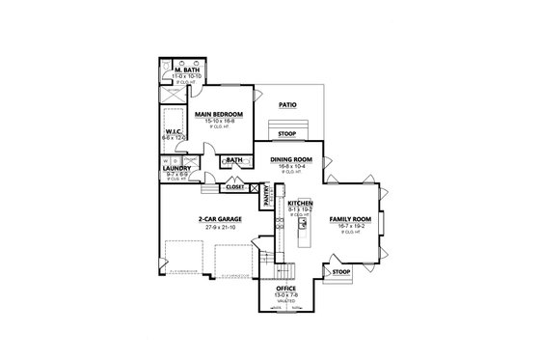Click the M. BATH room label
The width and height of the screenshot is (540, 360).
[185, 71]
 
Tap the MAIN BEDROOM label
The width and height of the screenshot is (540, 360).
[218, 114]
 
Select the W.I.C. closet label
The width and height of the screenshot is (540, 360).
[175, 132]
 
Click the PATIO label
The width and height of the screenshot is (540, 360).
[287, 104]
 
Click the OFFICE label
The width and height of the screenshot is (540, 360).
[286, 289]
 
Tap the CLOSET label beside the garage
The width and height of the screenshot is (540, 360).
[236, 186]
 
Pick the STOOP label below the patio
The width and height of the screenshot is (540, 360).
[287, 134]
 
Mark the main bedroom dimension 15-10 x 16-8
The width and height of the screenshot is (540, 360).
[218, 121]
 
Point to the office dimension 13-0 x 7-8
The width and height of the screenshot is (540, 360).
[286, 295]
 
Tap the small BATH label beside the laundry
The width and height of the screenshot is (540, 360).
[233, 160]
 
